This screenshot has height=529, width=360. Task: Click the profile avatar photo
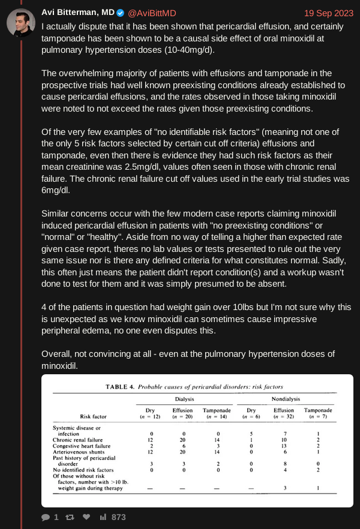click(x=20, y=22)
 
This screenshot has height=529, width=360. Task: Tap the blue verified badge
click(x=120, y=13)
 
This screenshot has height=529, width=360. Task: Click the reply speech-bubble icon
click(x=46, y=517)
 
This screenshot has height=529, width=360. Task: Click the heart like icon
click(x=86, y=517)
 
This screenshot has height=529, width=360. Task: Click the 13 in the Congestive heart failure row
click(x=284, y=446)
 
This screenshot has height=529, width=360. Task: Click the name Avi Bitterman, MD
click(x=77, y=13)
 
